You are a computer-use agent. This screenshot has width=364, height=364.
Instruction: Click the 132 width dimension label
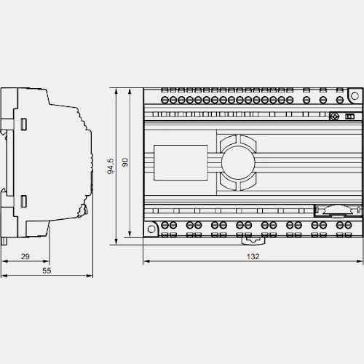click(253, 256)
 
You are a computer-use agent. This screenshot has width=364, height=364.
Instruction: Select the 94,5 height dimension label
click(111, 166)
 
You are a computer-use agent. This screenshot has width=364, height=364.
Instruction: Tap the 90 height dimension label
click(125, 162)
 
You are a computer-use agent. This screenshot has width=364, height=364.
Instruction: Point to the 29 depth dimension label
click(25, 256)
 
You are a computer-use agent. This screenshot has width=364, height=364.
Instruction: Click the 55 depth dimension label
click(47, 271)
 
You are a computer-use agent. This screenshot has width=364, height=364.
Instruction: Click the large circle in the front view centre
click(238, 162)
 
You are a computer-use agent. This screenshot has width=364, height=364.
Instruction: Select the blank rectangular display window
click(181, 162)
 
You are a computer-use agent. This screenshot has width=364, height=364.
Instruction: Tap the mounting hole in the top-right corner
click(355, 96)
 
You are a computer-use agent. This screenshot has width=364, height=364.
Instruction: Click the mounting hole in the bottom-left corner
click(151, 229)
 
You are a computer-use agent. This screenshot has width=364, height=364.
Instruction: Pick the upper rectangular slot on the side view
click(23, 124)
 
